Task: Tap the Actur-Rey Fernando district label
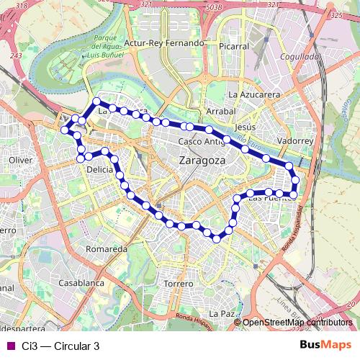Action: (x=164, y=43)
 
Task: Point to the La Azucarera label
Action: (x=253, y=94)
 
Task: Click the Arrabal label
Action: (x=221, y=112)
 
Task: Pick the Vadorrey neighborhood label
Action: (x=295, y=142)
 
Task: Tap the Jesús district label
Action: (x=246, y=126)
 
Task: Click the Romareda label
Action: (x=106, y=248)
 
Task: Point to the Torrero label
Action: (x=179, y=284)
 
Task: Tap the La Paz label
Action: (x=222, y=314)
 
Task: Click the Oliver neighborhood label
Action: (x=22, y=160)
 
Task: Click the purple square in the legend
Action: (x=10, y=346)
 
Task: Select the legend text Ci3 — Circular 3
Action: (x=60, y=346)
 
